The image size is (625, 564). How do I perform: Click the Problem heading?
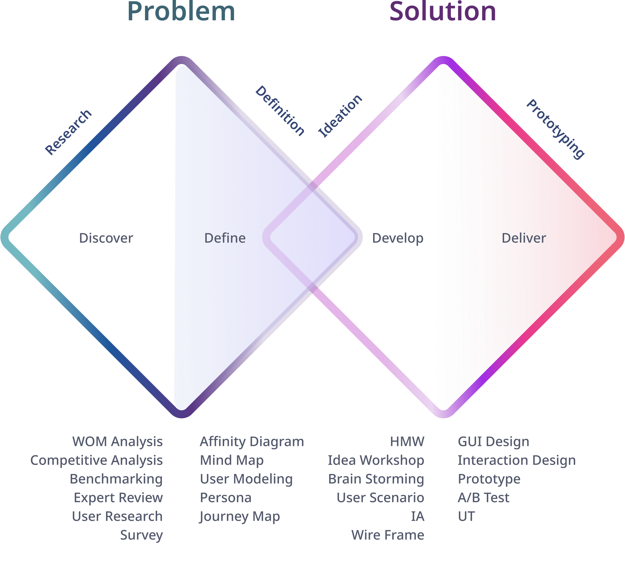point(181,12)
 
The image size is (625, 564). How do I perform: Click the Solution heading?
point(443,12)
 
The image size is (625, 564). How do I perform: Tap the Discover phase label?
point(106,238)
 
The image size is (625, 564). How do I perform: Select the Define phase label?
point(225,238)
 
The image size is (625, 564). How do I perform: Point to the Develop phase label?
point(397,238)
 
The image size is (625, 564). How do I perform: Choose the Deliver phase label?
point(524,238)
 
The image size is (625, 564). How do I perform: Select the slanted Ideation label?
point(340,116)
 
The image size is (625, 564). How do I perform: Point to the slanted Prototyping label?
point(556,129)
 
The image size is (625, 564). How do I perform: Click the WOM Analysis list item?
point(118,442)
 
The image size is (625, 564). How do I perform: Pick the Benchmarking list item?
point(116,479)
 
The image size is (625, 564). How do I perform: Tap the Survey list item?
point(141,535)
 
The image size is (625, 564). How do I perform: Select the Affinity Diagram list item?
point(252,442)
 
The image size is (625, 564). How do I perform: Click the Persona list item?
point(226,498)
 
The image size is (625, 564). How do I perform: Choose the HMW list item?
point(407,442)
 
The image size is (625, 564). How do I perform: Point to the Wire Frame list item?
point(388,535)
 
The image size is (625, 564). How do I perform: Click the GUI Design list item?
point(493,442)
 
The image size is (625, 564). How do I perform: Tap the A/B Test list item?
point(483,498)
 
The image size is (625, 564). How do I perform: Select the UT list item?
point(466,516)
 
